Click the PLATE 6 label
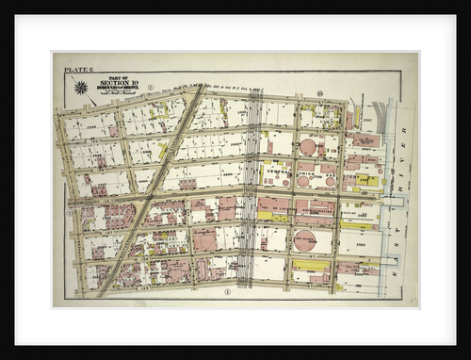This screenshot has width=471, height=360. click(x=73, y=70)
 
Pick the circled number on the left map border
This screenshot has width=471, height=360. click(x=68, y=200)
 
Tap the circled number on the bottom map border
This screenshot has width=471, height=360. click(x=228, y=291)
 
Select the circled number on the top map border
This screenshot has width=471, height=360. click(x=320, y=93)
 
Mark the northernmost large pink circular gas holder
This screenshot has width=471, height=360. click(x=308, y=147)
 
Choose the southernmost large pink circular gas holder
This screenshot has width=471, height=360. click(x=304, y=239)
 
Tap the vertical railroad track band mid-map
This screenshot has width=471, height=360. click(x=250, y=188)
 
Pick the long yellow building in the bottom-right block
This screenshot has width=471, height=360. click(x=310, y=267)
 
